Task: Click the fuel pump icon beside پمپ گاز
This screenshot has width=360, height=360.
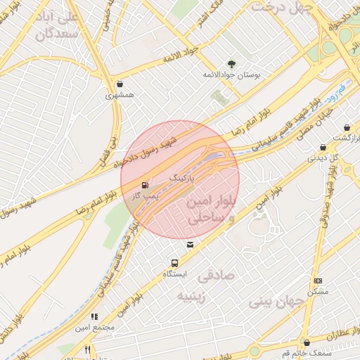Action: (146, 186)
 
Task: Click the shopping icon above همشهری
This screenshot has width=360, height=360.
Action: (120, 83)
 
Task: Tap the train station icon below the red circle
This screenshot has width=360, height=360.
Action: (190, 245)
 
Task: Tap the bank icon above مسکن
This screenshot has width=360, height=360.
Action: (318, 280)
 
